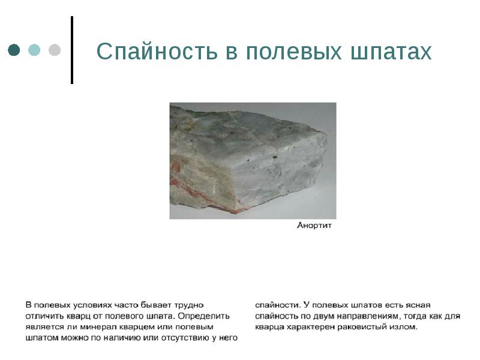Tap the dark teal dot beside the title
point(14,50)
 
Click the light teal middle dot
point(34,50)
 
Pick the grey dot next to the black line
point(54,50)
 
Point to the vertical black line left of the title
point(73,50)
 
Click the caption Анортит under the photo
point(314,226)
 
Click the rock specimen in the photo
point(252,159)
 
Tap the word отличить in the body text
point(43,316)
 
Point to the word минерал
point(98,326)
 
